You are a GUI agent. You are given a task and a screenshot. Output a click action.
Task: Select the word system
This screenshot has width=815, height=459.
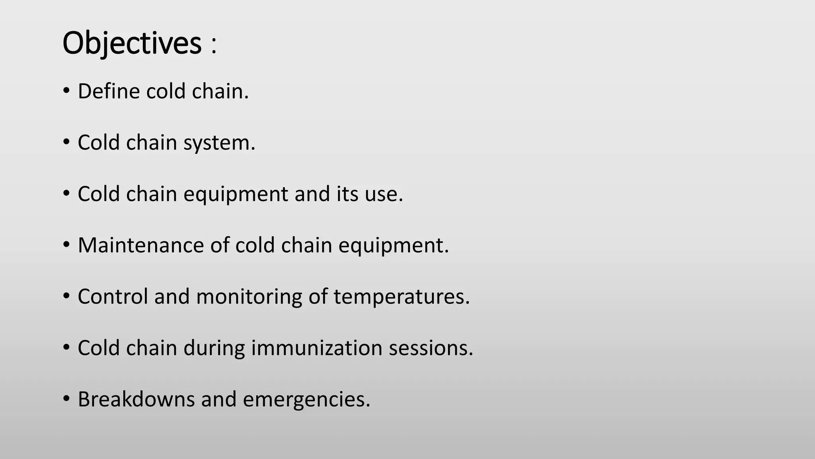coord(219,143)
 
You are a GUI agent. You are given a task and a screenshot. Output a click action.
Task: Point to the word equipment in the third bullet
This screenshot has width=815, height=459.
coord(236,194)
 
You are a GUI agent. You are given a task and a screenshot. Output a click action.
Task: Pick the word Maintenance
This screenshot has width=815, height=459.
coord(140,245)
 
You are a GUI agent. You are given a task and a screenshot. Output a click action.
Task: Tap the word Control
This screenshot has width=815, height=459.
coord(113,296)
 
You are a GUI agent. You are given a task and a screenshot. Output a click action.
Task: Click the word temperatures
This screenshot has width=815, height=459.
coord(402,296)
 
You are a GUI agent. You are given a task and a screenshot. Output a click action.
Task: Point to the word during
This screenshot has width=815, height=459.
coord(214,348)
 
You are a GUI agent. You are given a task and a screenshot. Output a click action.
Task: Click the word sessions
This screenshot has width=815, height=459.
coord(431,348)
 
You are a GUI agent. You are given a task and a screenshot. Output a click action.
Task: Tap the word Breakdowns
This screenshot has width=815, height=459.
coord(136,399)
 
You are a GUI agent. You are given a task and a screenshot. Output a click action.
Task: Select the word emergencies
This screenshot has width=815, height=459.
coord(306,399)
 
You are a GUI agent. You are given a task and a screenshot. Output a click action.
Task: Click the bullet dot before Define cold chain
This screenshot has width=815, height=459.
coord(66,91)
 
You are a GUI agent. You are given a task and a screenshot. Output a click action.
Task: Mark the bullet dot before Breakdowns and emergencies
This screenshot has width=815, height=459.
coord(66,398)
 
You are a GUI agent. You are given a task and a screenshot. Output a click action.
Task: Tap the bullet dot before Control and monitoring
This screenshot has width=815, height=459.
coord(66,296)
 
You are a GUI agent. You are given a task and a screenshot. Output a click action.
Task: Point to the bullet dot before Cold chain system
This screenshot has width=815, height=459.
coord(66,142)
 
